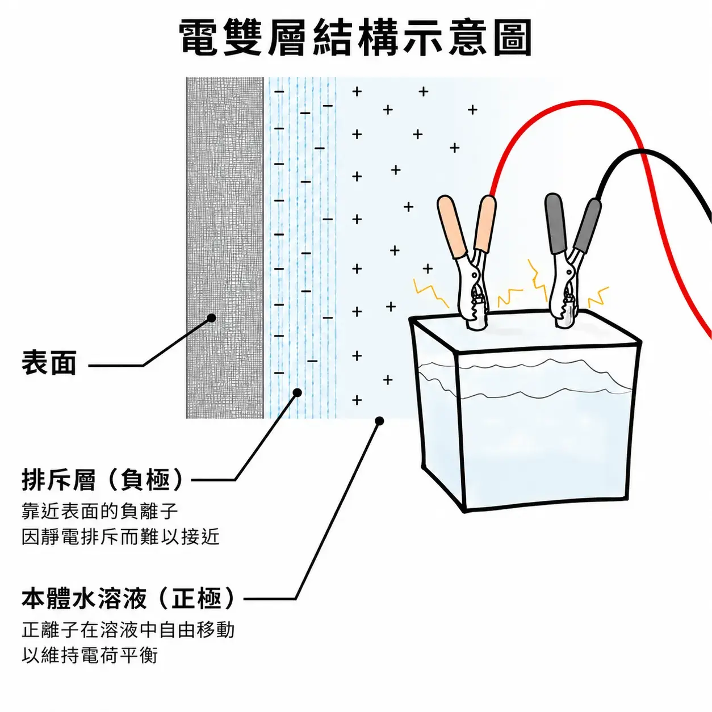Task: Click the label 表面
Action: point(49,362)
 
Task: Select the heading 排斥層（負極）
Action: point(102,480)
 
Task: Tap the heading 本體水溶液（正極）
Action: point(128,599)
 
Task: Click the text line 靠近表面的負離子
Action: point(100,511)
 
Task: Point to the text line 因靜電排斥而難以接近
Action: point(120,537)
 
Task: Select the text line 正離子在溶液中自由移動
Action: point(128,630)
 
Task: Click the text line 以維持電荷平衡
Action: point(89,656)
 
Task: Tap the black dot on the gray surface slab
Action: point(212,318)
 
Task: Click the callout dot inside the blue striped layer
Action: point(297,392)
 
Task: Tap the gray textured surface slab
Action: point(225,248)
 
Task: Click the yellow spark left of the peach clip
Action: point(431,293)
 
